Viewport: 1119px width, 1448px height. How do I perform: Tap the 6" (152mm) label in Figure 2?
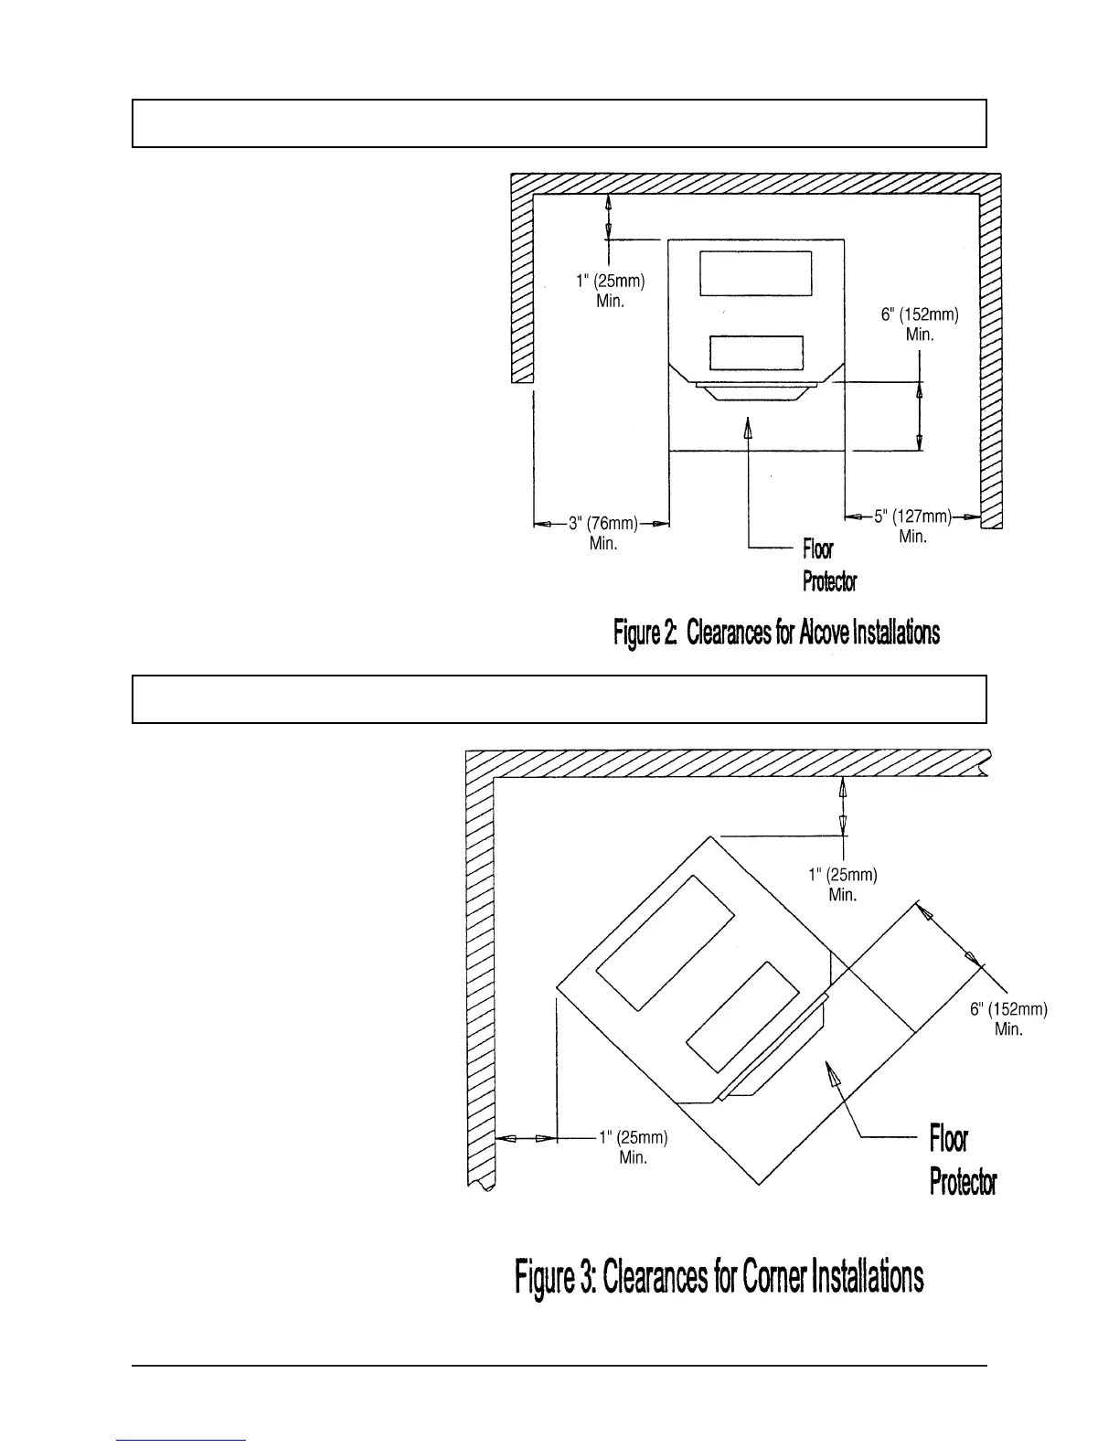(x=920, y=315)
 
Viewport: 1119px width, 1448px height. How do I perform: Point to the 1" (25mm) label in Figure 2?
(x=612, y=282)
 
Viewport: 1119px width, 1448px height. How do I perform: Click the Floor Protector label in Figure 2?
(x=829, y=565)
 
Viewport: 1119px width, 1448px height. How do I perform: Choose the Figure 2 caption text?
(x=775, y=632)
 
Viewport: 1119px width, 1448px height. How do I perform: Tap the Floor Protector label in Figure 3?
(x=962, y=1161)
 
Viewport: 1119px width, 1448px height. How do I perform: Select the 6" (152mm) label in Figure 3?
(x=1008, y=1009)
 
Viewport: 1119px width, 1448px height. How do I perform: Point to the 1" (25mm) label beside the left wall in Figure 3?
(x=634, y=1138)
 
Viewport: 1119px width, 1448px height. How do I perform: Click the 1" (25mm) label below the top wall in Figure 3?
(x=843, y=875)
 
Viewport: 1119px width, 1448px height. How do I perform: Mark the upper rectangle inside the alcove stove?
(x=756, y=273)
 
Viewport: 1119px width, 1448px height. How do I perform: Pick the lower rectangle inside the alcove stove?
(x=756, y=352)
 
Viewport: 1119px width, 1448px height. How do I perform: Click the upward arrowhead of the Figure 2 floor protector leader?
(x=749, y=427)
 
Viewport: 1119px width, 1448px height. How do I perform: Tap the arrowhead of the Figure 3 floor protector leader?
(x=833, y=1080)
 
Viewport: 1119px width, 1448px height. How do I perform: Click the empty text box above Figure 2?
(x=559, y=123)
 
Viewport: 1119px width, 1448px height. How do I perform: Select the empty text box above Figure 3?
(x=559, y=699)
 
